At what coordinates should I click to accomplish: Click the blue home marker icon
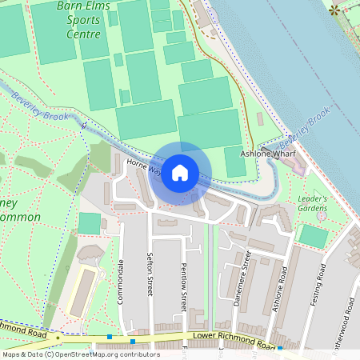[x=180, y=173]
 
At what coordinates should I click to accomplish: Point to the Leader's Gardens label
[x=313, y=204]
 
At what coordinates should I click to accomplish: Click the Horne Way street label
[x=143, y=168]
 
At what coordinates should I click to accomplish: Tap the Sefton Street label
[x=149, y=275]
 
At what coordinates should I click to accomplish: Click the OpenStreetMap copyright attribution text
[x=81, y=354]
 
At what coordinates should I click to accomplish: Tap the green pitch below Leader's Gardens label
[x=313, y=237]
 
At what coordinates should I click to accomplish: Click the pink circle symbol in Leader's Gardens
[x=321, y=216]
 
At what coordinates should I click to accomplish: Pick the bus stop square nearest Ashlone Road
[x=279, y=349]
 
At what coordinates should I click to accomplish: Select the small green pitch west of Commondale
[x=90, y=224]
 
